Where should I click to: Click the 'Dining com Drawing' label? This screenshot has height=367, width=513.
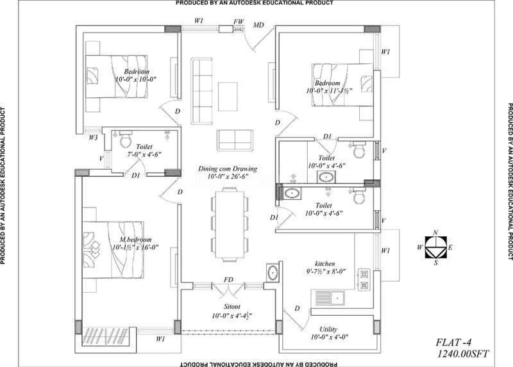pyautogui.click(x=228, y=169)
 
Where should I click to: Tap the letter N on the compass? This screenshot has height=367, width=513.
pyautogui.click(x=436, y=232)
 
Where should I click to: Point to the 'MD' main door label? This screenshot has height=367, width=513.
pyautogui.click(x=259, y=26)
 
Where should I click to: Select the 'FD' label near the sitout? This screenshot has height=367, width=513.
pyautogui.click(x=228, y=280)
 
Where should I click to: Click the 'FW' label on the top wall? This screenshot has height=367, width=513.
pyautogui.click(x=239, y=21)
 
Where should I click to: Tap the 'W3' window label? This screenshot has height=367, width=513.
pyautogui.click(x=94, y=137)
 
